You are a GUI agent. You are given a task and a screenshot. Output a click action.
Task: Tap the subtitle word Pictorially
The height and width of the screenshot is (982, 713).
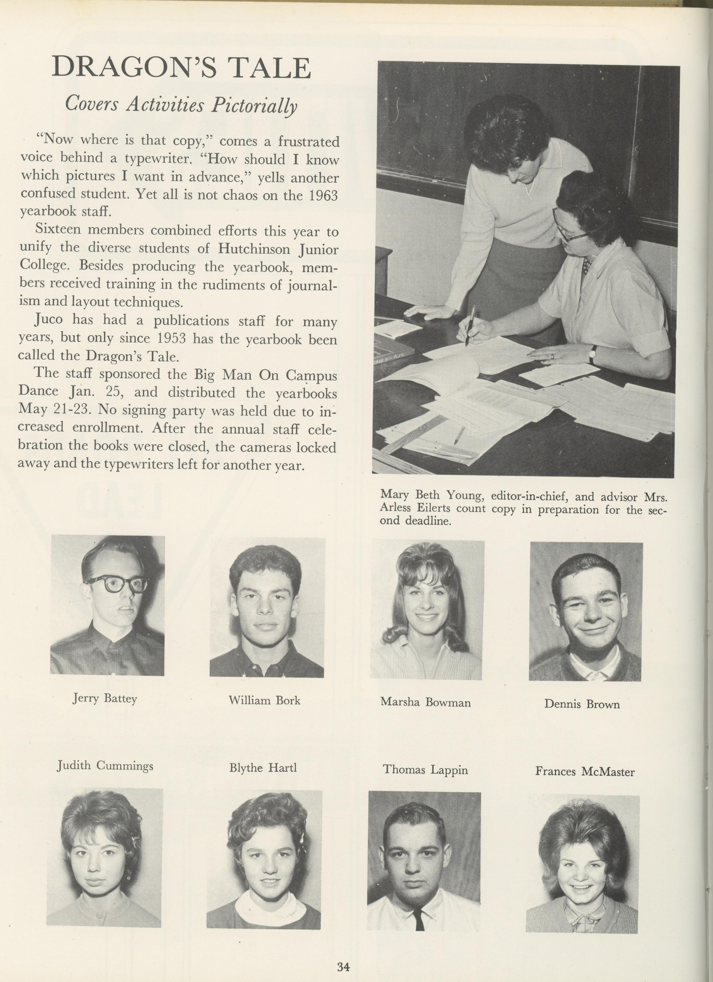pos(254,105)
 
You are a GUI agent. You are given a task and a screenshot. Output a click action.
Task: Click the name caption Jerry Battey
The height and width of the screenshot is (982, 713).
pos(105,698)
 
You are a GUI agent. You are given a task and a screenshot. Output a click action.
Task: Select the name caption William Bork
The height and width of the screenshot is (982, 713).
pos(264,700)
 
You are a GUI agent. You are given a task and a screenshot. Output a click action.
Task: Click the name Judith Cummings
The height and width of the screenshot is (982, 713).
pos(105,766)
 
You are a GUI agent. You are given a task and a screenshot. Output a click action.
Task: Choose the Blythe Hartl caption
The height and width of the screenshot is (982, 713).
pos(263,768)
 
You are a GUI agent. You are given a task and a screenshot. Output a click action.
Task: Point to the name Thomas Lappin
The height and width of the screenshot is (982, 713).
pos(425,770)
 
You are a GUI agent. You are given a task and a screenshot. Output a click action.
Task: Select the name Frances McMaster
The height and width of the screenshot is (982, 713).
pos(585,772)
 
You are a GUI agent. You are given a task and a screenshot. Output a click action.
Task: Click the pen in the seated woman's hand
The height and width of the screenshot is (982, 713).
pos(469,326)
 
